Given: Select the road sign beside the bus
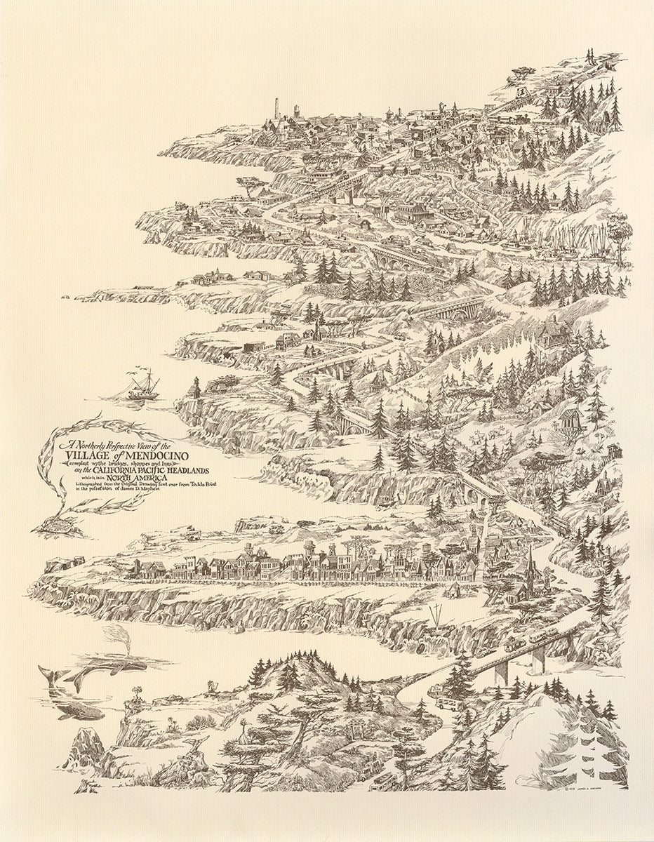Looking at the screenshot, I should [x=430, y=691].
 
